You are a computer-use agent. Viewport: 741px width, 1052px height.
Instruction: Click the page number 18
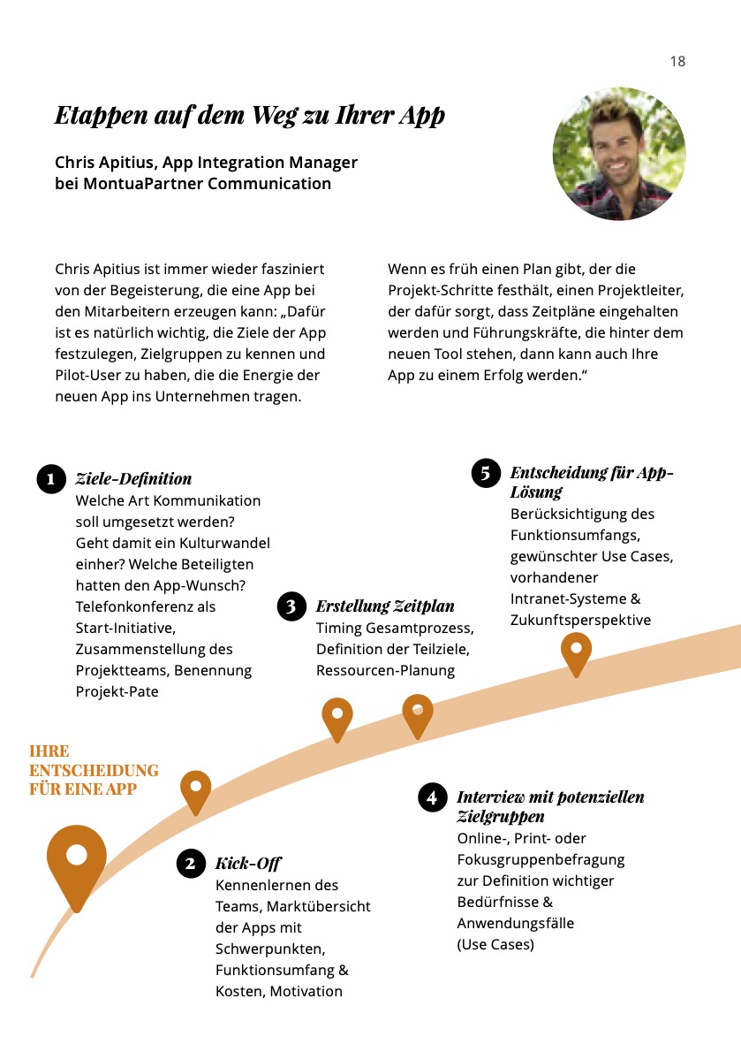(677, 61)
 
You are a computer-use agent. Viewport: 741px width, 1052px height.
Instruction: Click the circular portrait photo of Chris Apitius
(619, 154)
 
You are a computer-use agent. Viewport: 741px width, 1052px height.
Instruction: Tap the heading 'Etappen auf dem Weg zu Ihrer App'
(250, 115)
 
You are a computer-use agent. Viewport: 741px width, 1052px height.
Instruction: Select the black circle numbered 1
(51, 478)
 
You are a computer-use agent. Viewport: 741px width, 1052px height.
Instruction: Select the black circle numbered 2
(191, 863)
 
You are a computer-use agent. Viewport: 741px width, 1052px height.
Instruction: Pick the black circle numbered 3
(291, 606)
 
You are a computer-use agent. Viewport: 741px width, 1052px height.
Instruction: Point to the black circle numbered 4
(432, 797)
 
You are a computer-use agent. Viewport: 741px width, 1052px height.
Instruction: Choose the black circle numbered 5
(486, 473)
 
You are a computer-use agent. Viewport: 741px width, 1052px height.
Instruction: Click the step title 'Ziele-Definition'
(133, 478)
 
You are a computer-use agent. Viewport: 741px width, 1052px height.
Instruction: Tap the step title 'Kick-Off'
(248, 863)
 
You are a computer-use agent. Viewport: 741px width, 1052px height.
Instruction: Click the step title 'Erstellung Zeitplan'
(385, 606)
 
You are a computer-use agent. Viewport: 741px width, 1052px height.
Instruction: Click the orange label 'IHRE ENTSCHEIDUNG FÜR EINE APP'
(94, 770)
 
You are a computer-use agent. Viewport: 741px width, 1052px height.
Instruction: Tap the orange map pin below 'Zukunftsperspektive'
(576, 652)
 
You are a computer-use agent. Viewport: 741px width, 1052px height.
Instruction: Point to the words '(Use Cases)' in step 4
(495, 944)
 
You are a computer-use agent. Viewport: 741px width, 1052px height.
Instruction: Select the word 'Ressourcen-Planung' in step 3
(385, 670)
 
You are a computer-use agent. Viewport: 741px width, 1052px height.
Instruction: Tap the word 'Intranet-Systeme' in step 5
(569, 598)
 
